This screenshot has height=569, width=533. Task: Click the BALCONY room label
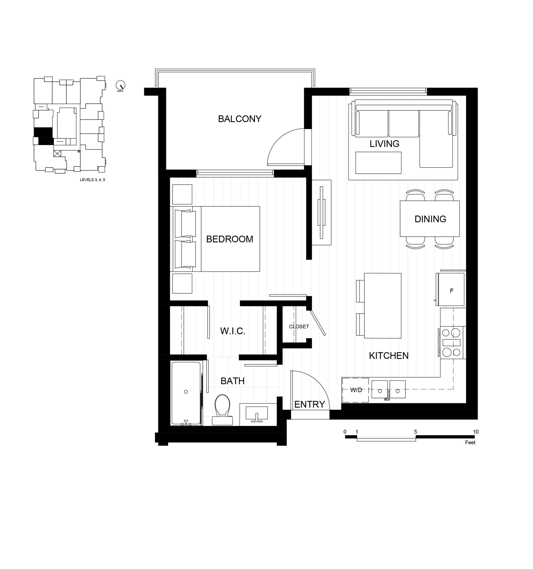pyautogui.click(x=240, y=119)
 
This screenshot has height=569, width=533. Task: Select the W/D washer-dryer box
pyautogui.click(x=355, y=390)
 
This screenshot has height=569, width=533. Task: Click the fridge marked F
pyautogui.click(x=451, y=289)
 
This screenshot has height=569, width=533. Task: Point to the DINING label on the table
pyautogui.click(x=430, y=219)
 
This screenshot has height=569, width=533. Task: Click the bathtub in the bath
pyautogui.click(x=186, y=393)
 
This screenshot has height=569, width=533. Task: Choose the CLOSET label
pyautogui.click(x=299, y=327)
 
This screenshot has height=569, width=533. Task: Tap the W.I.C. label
pyautogui.click(x=233, y=331)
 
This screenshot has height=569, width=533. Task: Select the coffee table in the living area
pyautogui.click(x=378, y=163)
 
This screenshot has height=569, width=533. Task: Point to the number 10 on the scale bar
pyautogui.click(x=476, y=432)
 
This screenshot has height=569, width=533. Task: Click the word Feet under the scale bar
pyautogui.click(x=470, y=442)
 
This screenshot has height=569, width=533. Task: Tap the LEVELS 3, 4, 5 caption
pyautogui.click(x=92, y=180)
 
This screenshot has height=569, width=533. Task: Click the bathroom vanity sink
pyautogui.click(x=257, y=414)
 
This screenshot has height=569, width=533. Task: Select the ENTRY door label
pyautogui.click(x=309, y=404)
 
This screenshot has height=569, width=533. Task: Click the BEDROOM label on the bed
pyautogui.click(x=230, y=239)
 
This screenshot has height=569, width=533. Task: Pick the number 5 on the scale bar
pyautogui.click(x=415, y=432)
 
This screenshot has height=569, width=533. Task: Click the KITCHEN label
pyautogui.click(x=389, y=356)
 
